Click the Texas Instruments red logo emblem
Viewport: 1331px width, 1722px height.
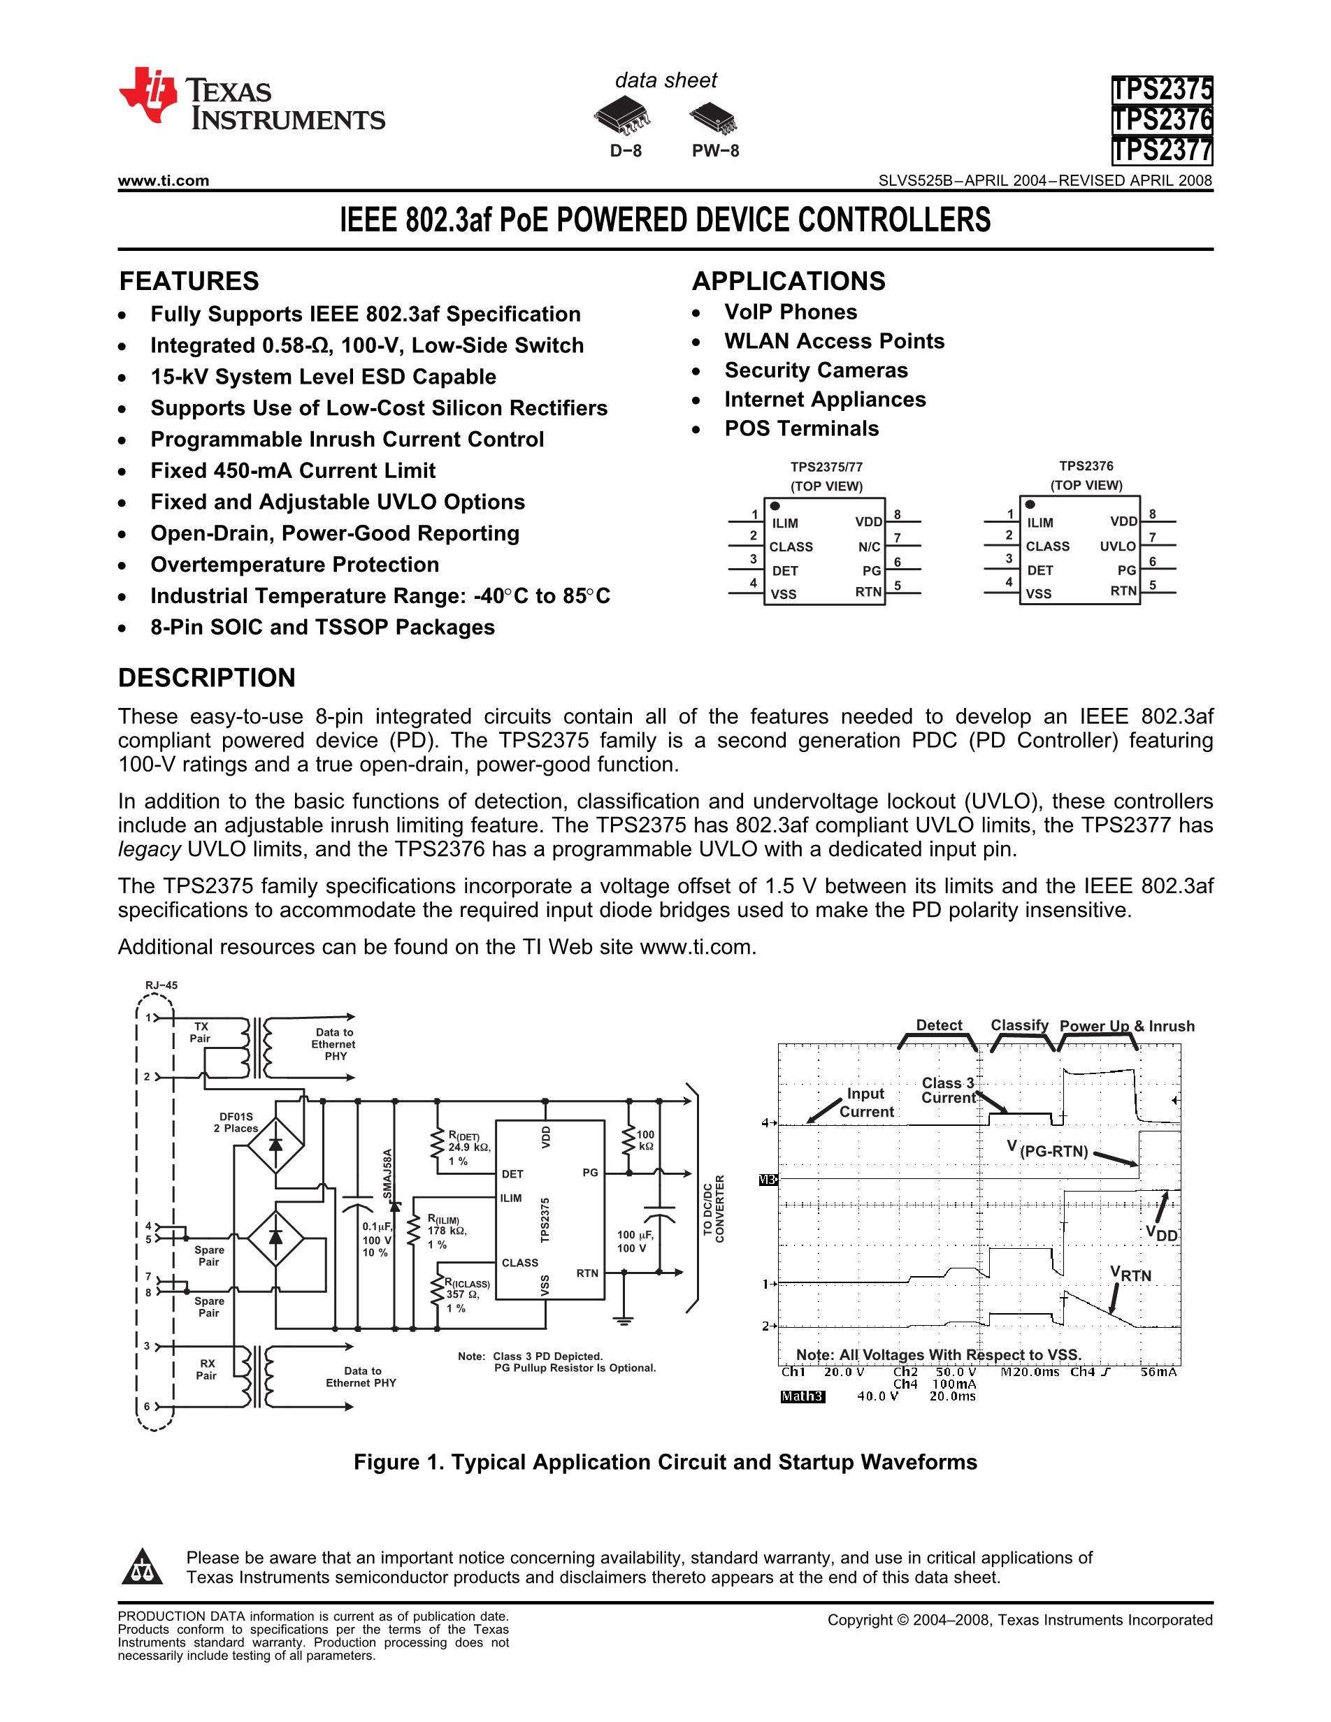pos(148,96)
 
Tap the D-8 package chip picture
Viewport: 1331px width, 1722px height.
pos(623,117)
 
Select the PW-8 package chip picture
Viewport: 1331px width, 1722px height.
pos(714,117)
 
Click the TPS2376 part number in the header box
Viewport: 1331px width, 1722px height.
pos(1161,120)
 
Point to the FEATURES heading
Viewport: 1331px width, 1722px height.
pos(189,282)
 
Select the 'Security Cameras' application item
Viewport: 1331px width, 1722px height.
pos(816,370)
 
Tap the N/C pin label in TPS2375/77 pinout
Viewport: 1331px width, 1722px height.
pos(869,547)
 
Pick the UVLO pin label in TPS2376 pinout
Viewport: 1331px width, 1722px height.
pos(1117,547)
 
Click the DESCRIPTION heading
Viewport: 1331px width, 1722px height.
pos(207,678)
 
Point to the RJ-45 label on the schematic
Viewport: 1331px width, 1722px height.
pos(161,985)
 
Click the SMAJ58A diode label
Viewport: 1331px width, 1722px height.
pos(387,1174)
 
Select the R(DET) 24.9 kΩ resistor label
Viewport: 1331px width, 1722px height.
pos(468,1148)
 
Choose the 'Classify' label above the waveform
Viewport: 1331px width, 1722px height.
pos(1019,1025)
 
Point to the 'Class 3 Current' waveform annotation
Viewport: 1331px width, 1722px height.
pos(948,1090)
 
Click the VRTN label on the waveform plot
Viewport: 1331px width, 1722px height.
pos(1130,1274)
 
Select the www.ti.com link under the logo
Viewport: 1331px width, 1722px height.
pos(163,180)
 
